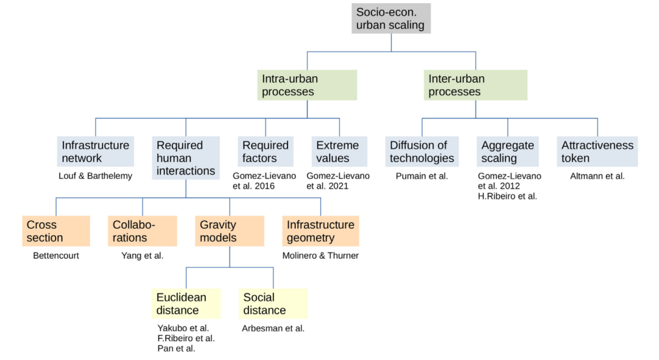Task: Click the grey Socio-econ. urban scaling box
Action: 391,18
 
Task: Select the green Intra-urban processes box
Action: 307,85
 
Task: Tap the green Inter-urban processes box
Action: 475,85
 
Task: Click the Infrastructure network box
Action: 95,151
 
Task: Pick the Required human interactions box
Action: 186,158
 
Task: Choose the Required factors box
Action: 265,151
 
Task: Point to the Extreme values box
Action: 339,151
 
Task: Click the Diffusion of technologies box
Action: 422,151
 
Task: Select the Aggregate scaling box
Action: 508,151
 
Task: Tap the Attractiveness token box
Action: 597,151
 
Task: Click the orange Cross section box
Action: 56,231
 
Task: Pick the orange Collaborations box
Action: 142,231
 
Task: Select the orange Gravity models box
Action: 229,231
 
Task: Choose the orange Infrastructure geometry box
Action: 320,231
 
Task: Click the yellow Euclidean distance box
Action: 186,303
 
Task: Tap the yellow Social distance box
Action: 273,303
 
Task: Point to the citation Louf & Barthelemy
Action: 95,176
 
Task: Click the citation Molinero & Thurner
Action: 320,256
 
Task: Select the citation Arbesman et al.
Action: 273,328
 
